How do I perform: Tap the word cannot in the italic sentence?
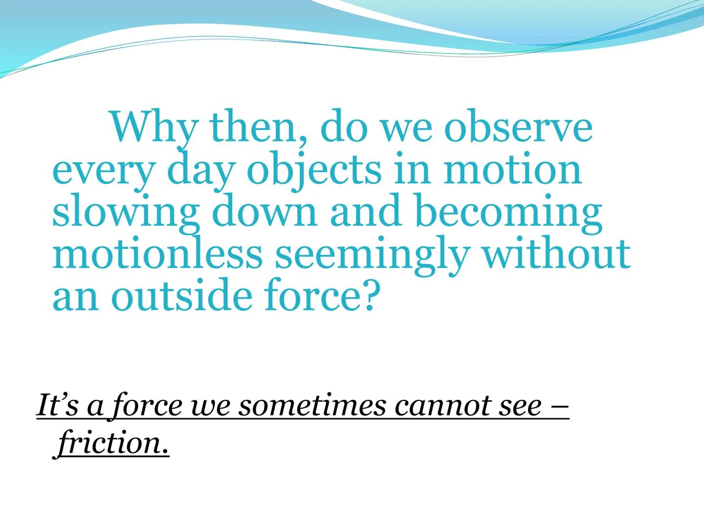coord(441,406)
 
